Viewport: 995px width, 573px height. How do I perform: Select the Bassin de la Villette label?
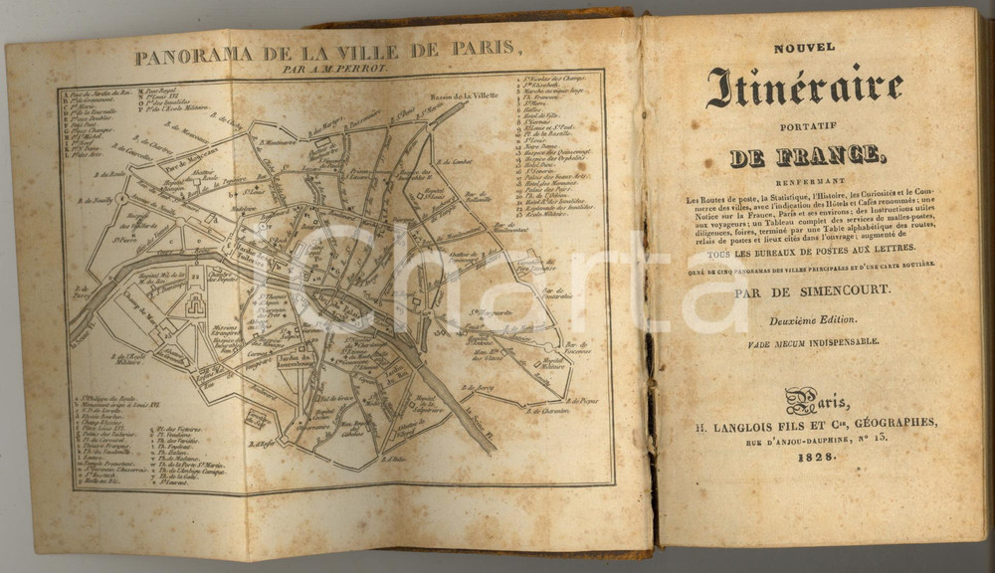click(464, 97)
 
